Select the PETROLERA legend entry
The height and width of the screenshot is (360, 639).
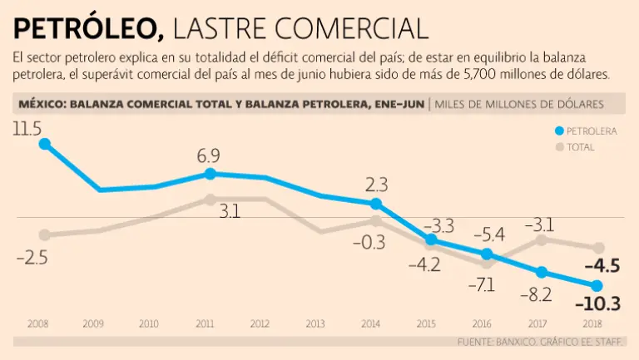coord(591,131)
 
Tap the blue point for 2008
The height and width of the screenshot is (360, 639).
coord(45,143)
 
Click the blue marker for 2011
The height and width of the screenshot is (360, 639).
coord(210,174)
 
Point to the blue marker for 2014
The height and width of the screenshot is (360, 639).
coord(375,204)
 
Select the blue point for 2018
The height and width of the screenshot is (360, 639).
coord(596,286)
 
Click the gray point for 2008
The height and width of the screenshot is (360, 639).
coord(45,234)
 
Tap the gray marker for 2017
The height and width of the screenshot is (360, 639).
coord(541,239)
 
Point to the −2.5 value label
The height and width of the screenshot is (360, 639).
coord(32,258)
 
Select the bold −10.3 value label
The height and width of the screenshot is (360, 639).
coord(597,304)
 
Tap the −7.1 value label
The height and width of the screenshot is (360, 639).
coord(480,285)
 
